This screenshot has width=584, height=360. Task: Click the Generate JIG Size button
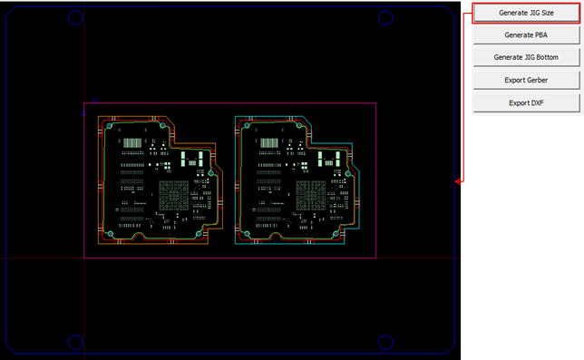pos(526,13)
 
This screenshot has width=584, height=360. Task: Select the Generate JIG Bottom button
pos(526,57)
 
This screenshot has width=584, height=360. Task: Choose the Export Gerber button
pos(526,80)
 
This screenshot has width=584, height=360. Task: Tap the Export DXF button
pos(526,102)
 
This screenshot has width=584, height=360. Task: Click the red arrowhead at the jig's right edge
pos(458,181)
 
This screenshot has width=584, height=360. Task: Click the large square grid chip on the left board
pos(173,195)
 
